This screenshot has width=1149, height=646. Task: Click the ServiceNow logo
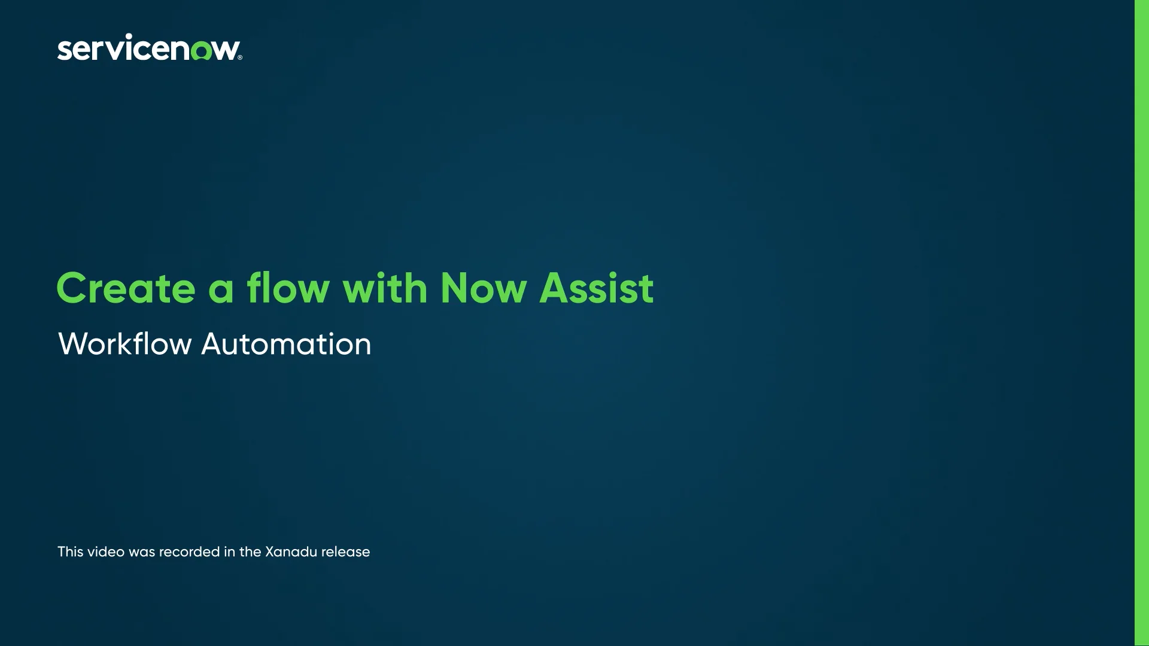(x=149, y=48)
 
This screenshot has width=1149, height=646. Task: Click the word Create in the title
(x=126, y=288)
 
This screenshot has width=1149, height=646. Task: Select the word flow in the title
(x=288, y=288)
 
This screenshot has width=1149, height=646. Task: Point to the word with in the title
(x=385, y=288)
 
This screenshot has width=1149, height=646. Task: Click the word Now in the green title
(x=482, y=288)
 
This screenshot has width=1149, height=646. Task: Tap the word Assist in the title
(x=596, y=288)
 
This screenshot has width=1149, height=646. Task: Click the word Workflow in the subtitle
(x=124, y=344)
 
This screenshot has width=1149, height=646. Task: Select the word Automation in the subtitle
(x=286, y=344)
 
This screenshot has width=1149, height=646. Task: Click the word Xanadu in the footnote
(x=291, y=551)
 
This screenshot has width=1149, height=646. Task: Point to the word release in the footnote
(x=345, y=551)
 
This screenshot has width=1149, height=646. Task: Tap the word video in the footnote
(x=106, y=551)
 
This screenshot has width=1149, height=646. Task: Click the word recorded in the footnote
(x=190, y=551)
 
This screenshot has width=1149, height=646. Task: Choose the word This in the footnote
(x=70, y=551)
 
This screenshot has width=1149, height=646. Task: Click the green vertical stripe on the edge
(x=1141, y=323)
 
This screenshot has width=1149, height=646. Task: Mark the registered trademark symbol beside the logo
(x=240, y=58)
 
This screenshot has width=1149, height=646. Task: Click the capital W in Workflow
(x=74, y=344)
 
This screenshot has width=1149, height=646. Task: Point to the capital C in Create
(x=72, y=288)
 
